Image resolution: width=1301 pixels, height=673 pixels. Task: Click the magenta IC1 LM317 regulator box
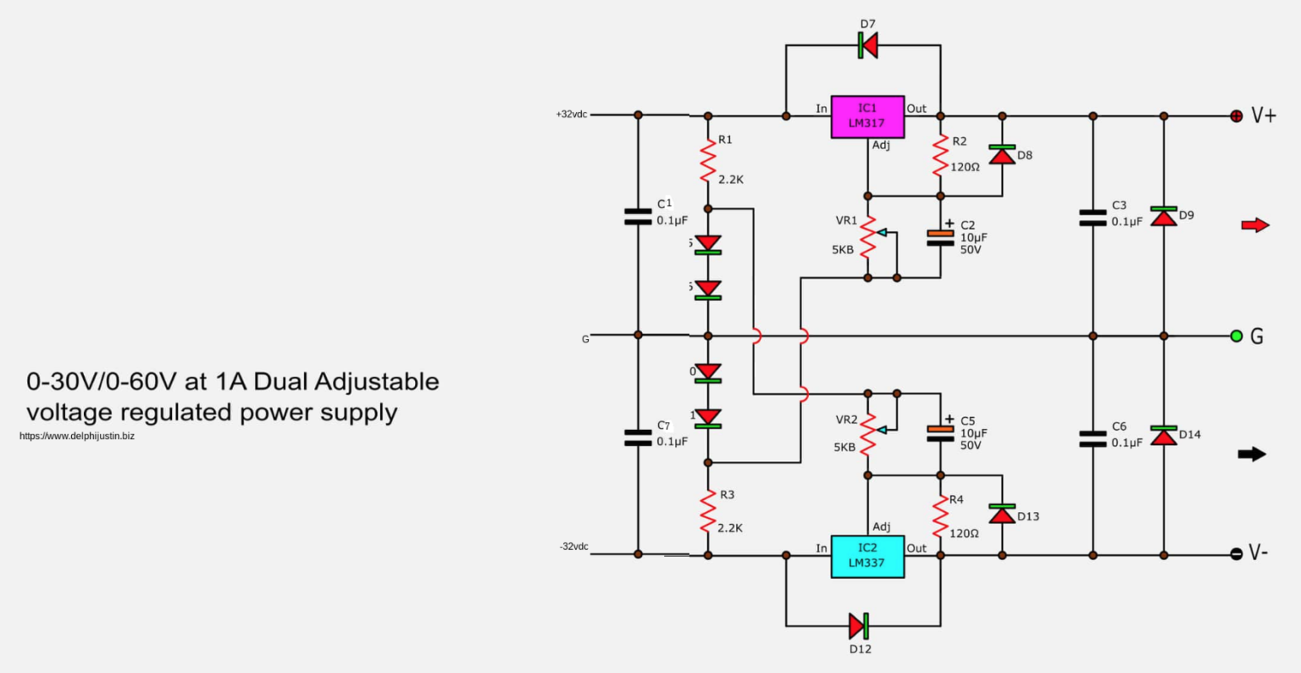867,116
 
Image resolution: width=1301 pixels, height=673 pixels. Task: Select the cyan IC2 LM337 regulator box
867,556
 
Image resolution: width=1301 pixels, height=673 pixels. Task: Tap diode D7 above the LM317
867,45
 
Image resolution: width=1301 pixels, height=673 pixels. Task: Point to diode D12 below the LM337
859,626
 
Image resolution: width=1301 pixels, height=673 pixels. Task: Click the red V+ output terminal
1237,115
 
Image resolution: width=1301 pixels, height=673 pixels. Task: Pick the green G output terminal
1237,336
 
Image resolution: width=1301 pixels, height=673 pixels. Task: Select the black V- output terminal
1237,554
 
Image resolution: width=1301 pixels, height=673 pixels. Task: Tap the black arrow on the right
1252,454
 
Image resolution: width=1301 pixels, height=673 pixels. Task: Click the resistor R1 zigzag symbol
708,161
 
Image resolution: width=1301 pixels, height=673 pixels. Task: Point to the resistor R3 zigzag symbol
708,513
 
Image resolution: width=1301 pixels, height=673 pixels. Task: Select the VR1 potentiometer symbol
868,236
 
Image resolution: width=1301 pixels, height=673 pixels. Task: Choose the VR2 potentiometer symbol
868,433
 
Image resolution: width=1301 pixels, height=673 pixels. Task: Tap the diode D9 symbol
1164,216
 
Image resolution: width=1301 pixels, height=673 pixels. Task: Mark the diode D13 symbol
1002,514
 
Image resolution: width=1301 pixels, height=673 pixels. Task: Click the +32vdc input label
572,114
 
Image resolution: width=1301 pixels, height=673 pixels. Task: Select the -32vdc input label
573,547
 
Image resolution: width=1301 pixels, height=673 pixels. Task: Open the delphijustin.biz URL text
77,437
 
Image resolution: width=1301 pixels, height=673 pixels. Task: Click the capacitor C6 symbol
1093,438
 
